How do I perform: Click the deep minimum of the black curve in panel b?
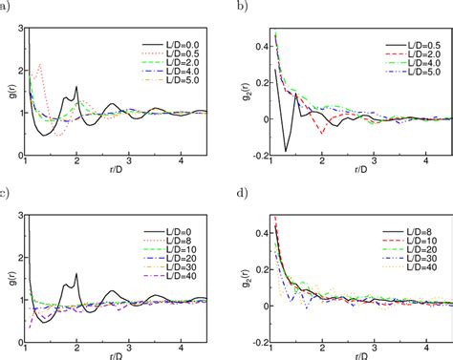tap(284, 151)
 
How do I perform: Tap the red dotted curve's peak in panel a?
tap(41, 64)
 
